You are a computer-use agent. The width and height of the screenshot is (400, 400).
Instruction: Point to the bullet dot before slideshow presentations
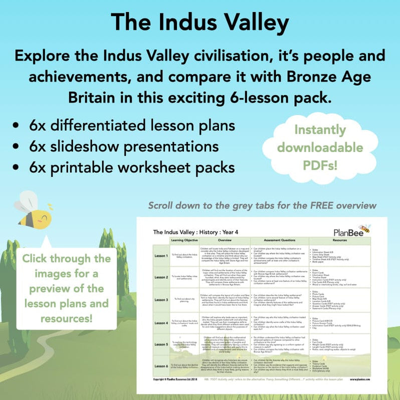point(19,147)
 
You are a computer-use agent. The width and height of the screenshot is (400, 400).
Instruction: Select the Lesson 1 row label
point(161,255)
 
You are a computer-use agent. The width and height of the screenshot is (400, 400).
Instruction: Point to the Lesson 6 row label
point(161,366)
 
